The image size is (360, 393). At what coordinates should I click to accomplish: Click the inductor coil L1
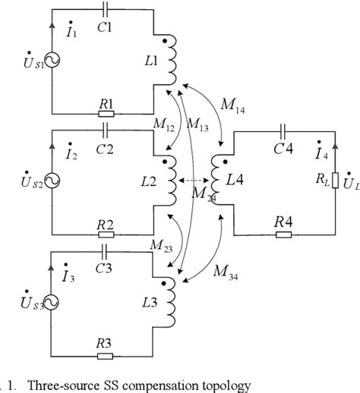[174, 61]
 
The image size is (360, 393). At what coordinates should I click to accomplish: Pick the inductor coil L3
[174, 303]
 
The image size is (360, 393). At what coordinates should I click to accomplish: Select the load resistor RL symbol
[336, 182]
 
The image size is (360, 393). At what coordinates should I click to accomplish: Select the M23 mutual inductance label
[160, 247]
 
